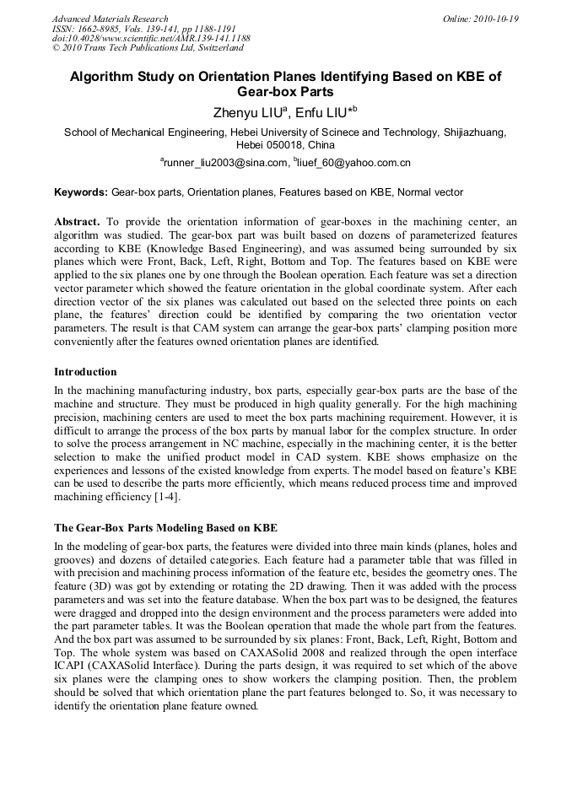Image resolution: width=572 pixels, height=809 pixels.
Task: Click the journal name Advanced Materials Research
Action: [x=110, y=19]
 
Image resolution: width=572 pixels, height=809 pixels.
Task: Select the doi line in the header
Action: [x=151, y=39]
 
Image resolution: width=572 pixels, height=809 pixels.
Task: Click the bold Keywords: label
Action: [x=81, y=192]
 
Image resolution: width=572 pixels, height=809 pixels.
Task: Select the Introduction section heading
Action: [x=85, y=372]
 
